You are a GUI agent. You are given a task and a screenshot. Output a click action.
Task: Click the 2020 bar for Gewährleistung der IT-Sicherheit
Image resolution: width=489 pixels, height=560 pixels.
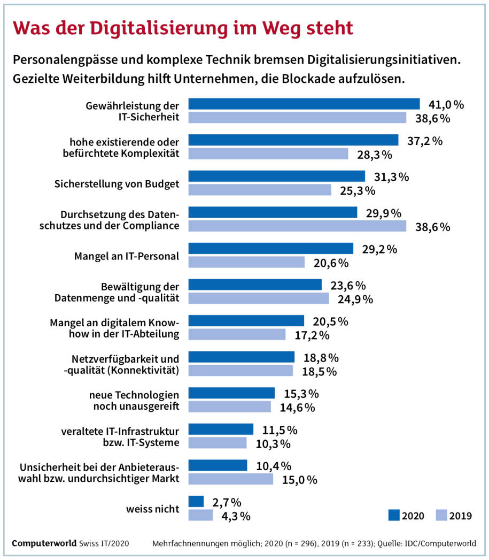(x=304, y=104)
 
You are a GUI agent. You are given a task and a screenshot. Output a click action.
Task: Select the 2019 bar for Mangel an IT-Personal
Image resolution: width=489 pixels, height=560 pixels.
(x=246, y=262)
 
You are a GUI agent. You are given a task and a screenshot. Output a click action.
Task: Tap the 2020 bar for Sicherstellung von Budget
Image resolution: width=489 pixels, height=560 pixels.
(x=276, y=176)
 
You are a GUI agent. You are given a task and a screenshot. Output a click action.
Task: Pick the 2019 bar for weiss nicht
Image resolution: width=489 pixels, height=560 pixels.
(x=201, y=515)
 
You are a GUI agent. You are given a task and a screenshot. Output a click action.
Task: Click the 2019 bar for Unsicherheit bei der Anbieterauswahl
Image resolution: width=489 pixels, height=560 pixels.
(x=230, y=479)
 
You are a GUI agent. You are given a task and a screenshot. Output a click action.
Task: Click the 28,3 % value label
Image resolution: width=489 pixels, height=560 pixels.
(x=375, y=155)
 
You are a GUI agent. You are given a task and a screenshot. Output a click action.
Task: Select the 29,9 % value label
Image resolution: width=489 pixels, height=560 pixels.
(x=383, y=213)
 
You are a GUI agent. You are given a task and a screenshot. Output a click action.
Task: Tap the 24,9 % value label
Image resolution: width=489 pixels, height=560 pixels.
(x=355, y=298)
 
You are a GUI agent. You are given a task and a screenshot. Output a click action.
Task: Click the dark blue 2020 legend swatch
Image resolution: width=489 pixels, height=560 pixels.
(x=393, y=515)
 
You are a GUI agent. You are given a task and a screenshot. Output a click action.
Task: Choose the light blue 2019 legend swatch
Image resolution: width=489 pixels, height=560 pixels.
(x=441, y=515)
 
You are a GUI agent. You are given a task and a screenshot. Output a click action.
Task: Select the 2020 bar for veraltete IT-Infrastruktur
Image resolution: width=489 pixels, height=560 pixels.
(x=221, y=429)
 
